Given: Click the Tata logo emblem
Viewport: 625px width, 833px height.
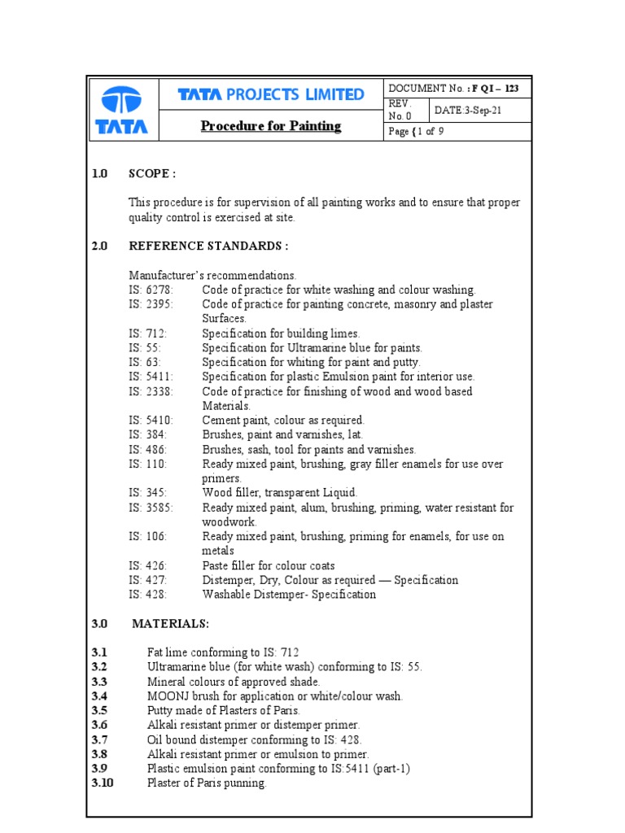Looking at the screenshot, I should tap(121, 101).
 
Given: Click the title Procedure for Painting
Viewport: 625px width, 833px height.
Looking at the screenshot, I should tap(271, 126).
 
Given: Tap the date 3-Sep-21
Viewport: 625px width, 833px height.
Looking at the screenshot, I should tap(469, 111).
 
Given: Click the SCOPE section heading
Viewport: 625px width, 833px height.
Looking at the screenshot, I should tap(152, 173).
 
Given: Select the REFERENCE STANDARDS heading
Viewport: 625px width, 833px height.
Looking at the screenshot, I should tap(208, 246).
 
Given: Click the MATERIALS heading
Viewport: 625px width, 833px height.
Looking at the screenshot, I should tap(170, 623).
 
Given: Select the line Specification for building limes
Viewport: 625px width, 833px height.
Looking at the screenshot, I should tap(281, 334).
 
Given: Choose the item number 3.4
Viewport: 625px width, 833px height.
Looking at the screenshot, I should tap(100, 696).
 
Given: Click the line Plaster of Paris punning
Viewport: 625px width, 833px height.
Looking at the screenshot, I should tap(207, 783).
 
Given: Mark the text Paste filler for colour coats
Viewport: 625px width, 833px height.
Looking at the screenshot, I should tap(269, 565).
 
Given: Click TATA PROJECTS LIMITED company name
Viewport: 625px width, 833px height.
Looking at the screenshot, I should tap(271, 95).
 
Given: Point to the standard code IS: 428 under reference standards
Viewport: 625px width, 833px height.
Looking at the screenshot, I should tap(147, 595).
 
